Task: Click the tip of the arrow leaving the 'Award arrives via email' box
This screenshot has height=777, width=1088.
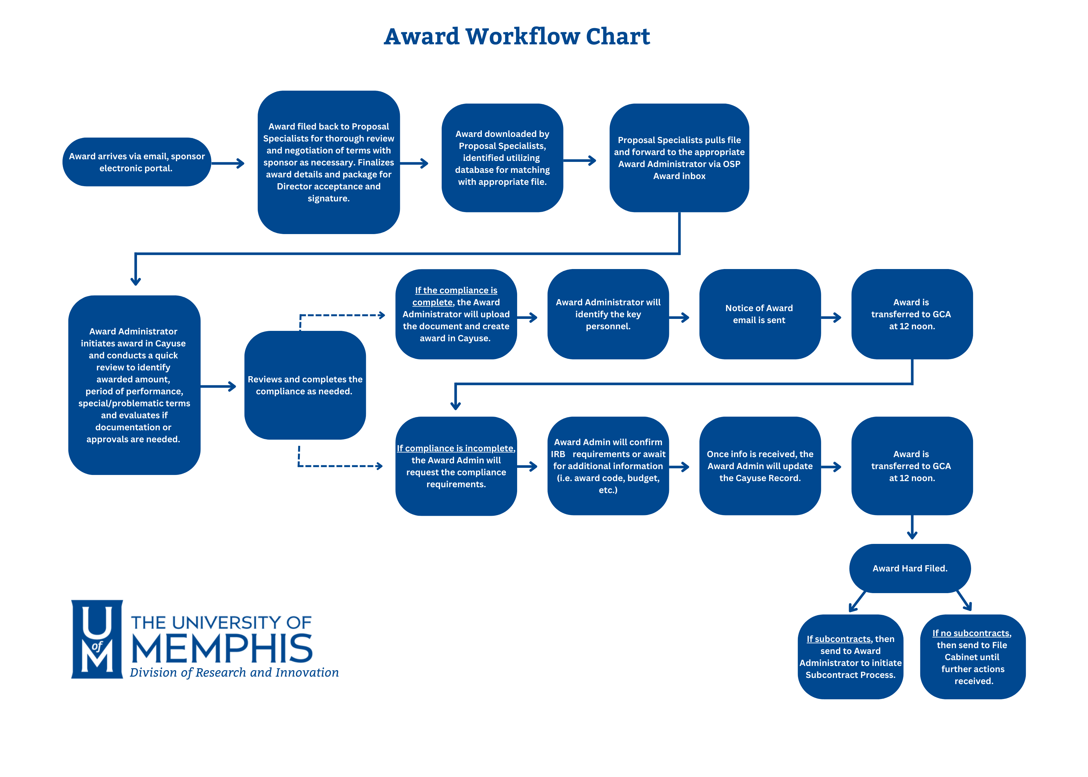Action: coord(244,163)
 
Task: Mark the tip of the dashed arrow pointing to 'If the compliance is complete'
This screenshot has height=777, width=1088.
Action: coord(385,315)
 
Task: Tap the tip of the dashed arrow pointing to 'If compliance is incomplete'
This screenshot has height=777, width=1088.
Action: coord(383,466)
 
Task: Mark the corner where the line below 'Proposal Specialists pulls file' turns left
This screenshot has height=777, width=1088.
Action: coord(679,253)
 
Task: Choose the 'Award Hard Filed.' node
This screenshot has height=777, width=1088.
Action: coord(910,569)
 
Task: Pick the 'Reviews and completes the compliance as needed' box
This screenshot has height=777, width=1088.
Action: coord(305,385)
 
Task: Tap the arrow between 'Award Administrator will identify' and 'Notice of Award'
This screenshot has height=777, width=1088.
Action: coord(679,317)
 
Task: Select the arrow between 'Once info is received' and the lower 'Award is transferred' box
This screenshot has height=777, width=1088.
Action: coord(831,467)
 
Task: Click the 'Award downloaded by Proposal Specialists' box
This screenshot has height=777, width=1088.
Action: coord(502,158)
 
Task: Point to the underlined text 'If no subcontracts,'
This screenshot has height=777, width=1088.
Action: coord(972,633)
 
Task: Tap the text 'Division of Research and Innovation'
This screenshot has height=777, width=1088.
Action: coord(234,673)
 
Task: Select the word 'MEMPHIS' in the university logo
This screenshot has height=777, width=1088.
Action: coord(222,649)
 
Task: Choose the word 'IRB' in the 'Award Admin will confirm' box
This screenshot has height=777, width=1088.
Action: coord(558,454)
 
